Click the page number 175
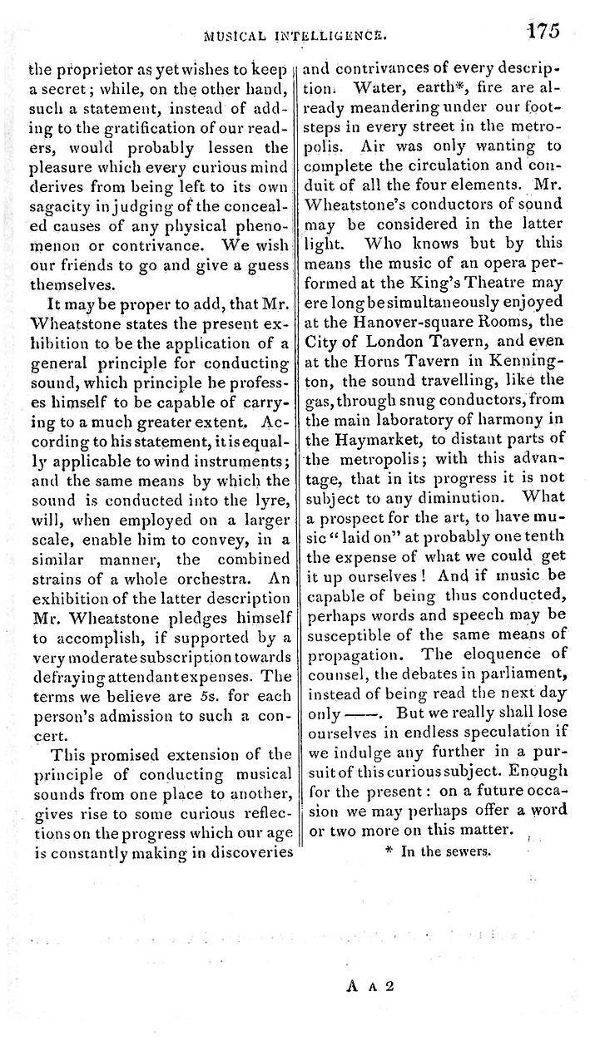click(x=543, y=31)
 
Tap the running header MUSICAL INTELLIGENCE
click(x=305, y=37)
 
